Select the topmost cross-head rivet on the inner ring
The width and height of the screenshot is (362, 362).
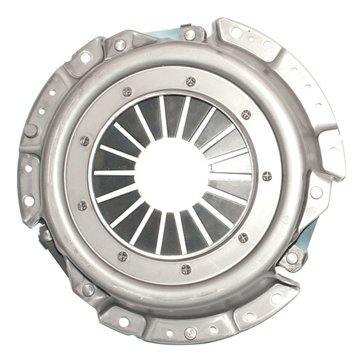191,82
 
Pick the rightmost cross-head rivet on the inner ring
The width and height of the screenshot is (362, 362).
267,176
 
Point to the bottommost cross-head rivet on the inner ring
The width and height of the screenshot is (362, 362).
186,269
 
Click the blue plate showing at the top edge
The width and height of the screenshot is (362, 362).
167,34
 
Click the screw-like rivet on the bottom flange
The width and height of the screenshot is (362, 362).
191,333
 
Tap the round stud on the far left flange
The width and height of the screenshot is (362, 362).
30,131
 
